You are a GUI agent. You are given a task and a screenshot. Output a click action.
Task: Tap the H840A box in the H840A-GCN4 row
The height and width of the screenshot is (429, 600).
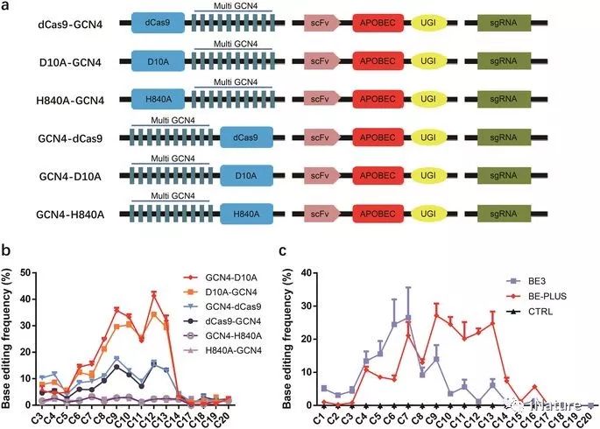(x=158, y=102)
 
